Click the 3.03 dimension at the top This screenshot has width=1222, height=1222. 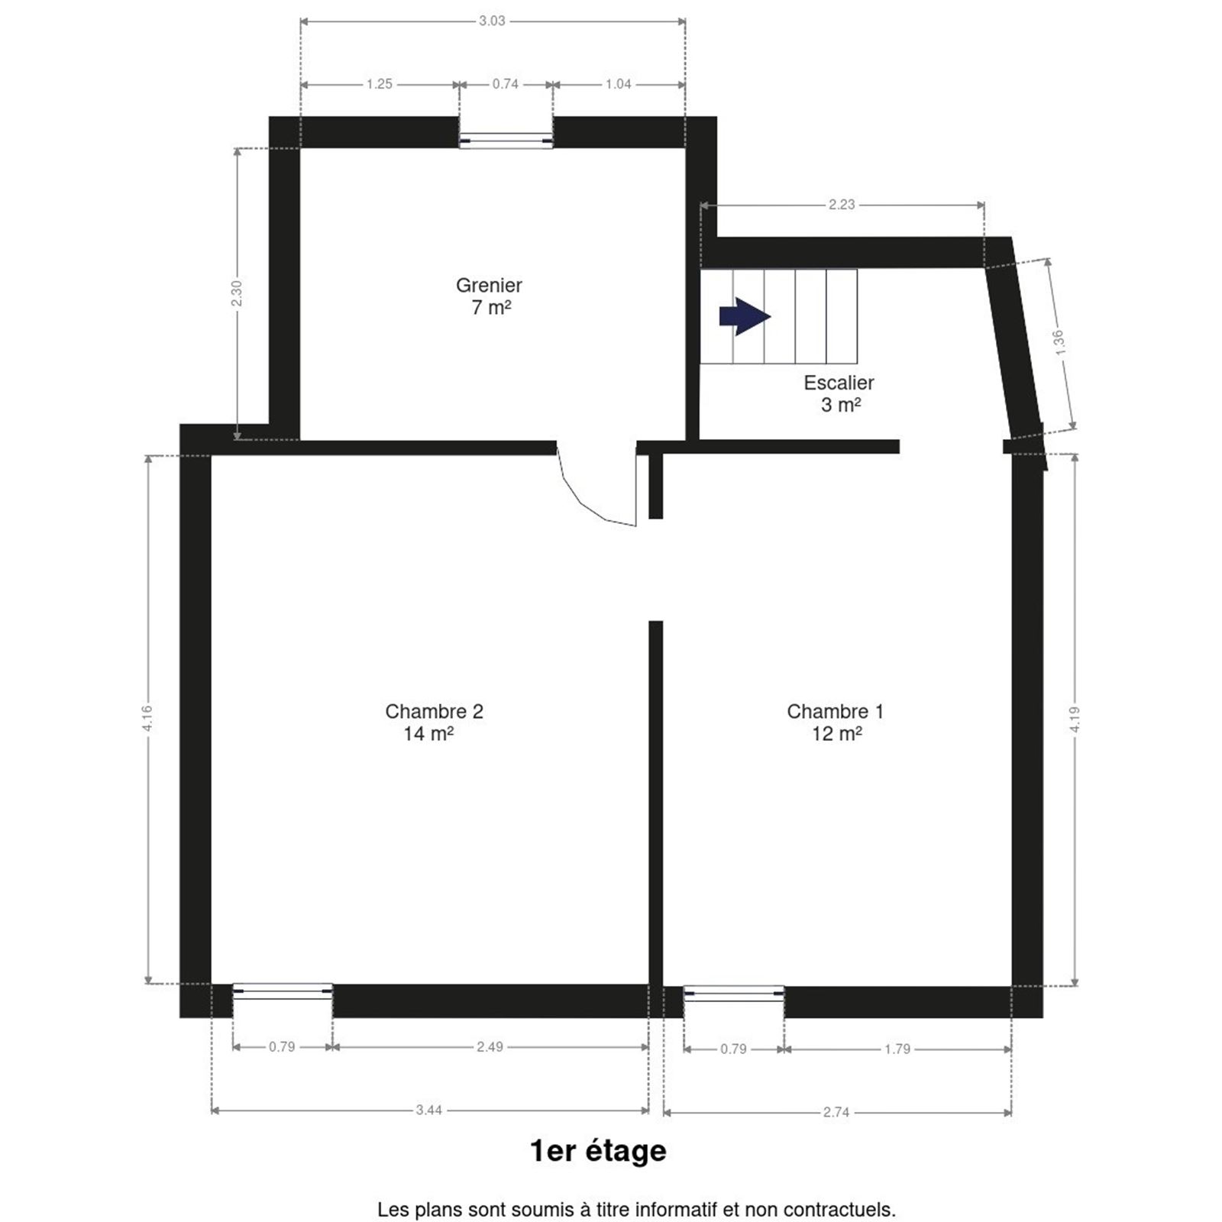click(x=492, y=21)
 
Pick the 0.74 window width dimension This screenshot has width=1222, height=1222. click(x=505, y=84)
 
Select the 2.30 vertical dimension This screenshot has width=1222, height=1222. click(x=237, y=294)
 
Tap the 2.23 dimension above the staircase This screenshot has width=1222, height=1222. click(x=842, y=205)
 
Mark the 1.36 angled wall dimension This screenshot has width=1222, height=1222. click(x=1059, y=342)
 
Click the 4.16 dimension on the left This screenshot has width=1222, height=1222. click(x=147, y=719)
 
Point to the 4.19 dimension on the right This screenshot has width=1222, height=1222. click(x=1075, y=719)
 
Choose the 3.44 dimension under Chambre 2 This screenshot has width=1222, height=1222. click(x=429, y=1110)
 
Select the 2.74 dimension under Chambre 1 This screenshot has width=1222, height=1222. click(x=836, y=1112)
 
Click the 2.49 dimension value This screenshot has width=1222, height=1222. click(x=490, y=1046)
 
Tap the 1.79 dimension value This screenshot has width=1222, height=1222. click(x=897, y=1049)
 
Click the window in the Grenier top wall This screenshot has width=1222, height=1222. click(x=506, y=141)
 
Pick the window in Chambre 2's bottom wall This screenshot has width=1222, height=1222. click(x=283, y=991)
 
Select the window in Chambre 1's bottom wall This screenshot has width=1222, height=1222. click(x=734, y=994)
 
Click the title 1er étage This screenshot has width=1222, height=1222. click(x=598, y=1150)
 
